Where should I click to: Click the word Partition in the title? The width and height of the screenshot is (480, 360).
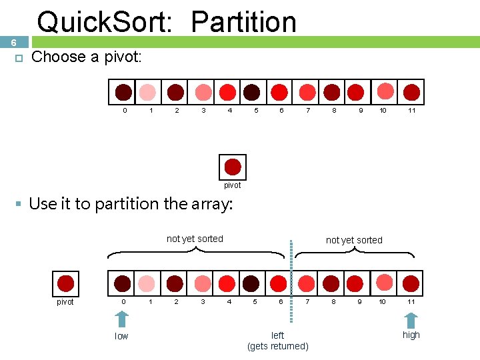click(x=243, y=22)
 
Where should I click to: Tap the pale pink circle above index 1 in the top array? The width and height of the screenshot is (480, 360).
click(x=149, y=92)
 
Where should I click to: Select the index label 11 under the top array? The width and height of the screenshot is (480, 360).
click(x=411, y=111)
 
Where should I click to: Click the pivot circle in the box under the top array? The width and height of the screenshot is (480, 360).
click(x=233, y=167)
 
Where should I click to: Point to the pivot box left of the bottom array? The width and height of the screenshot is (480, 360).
click(x=65, y=283)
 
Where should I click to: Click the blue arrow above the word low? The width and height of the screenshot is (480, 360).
click(x=121, y=321)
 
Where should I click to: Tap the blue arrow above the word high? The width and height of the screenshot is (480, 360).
click(x=411, y=320)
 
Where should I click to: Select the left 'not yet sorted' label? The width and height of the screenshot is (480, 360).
click(x=195, y=239)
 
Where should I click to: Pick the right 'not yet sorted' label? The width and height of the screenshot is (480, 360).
click(x=354, y=240)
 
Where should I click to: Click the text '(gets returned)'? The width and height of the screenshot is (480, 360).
click(x=277, y=346)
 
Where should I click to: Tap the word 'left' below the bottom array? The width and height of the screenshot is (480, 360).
click(x=277, y=335)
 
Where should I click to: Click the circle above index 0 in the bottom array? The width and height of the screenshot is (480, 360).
click(x=123, y=283)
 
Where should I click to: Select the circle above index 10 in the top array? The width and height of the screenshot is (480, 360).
click(x=385, y=91)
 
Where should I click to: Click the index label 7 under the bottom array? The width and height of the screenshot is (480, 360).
click(x=307, y=302)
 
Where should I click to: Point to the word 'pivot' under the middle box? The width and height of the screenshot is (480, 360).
click(x=232, y=185)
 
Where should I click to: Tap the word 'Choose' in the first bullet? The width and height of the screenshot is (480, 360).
click(x=59, y=57)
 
